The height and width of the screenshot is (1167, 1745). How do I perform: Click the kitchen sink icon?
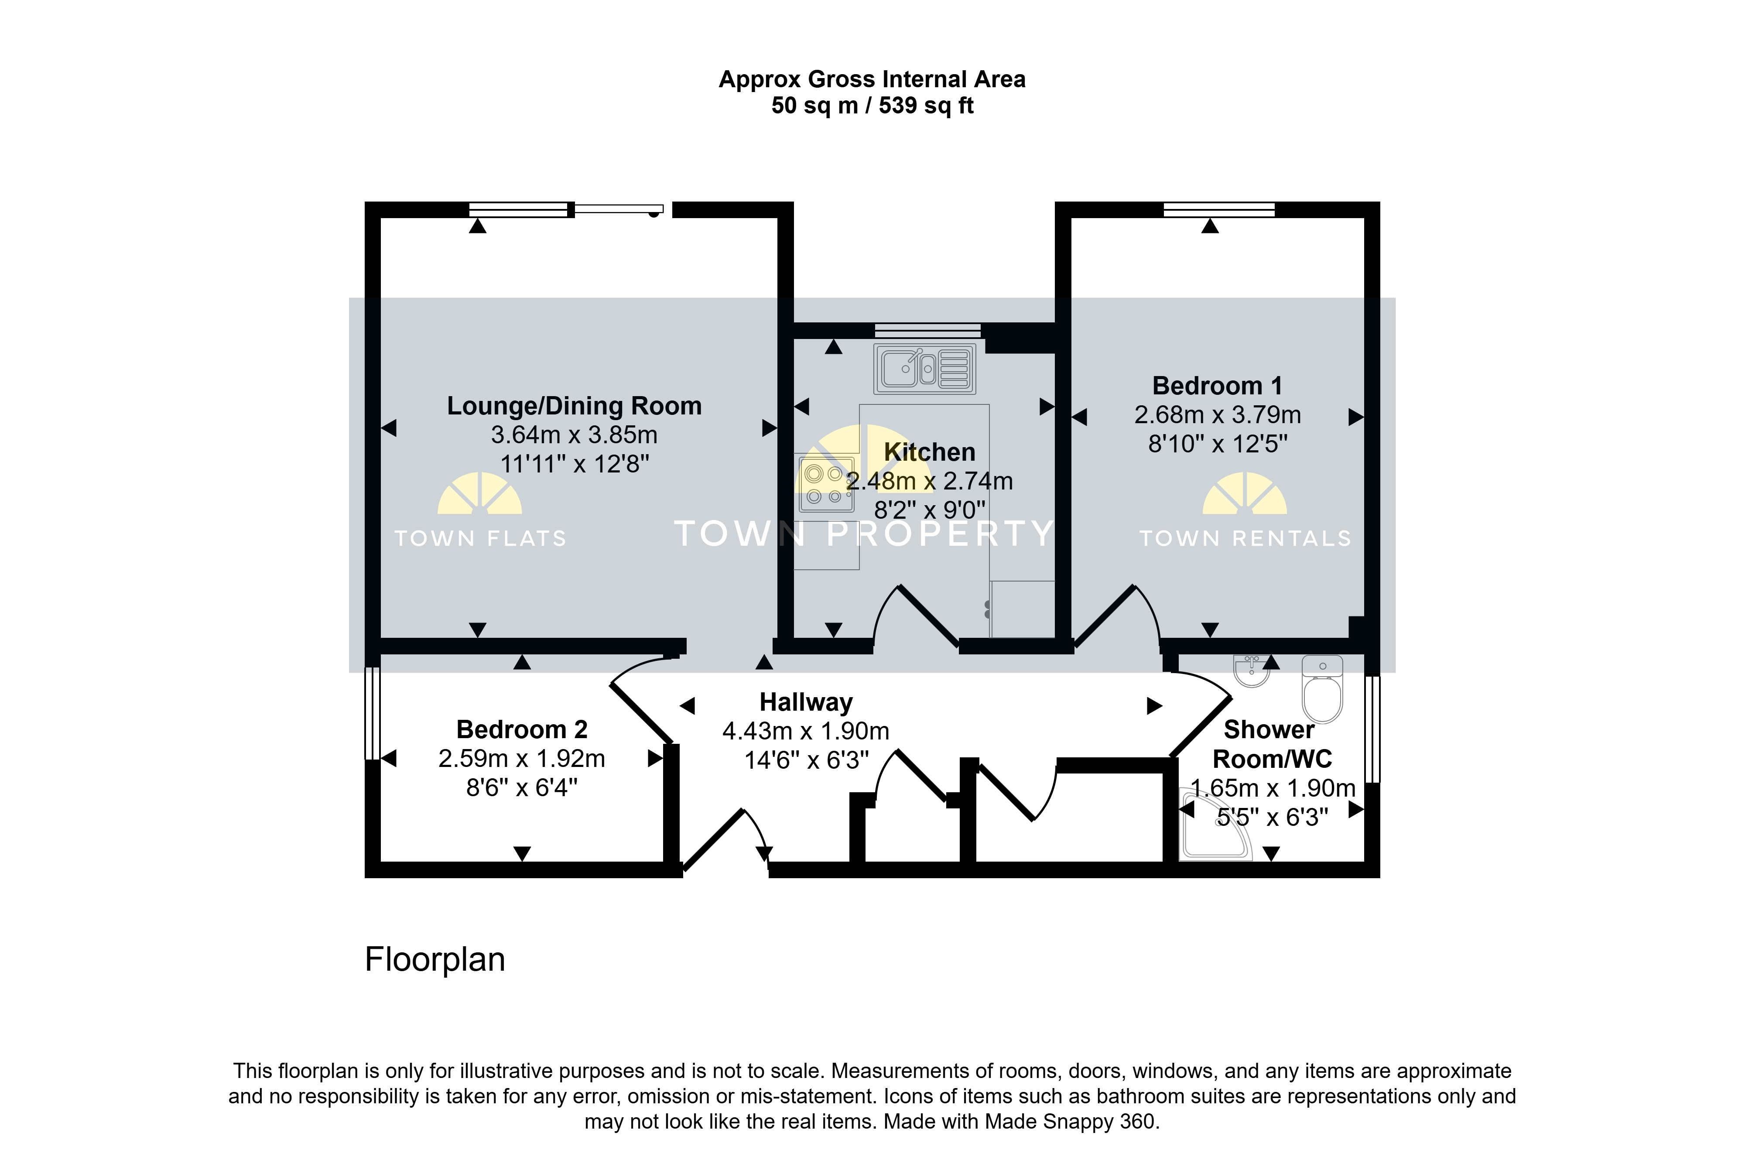[x=924, y=368]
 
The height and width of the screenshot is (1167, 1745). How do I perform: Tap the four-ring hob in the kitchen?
[x=826, y=484]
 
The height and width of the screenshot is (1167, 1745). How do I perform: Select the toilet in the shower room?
[x=1322, y=688]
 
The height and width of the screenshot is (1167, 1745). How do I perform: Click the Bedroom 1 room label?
[x=1218, y=386]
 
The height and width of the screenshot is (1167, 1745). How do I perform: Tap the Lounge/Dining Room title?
[x=574, y=406]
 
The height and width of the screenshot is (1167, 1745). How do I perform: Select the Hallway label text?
[x=806, y=702]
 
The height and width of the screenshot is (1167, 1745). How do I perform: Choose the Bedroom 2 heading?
[x=522, y=729]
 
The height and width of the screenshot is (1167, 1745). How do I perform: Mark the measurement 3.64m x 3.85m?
[x=574, y=435]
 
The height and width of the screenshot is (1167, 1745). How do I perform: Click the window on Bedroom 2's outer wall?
[x=372, y=713]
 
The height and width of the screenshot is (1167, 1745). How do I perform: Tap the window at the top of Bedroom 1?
[x=1219, y=210]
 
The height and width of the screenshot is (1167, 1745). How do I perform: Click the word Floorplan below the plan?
[x=435, y=959]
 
